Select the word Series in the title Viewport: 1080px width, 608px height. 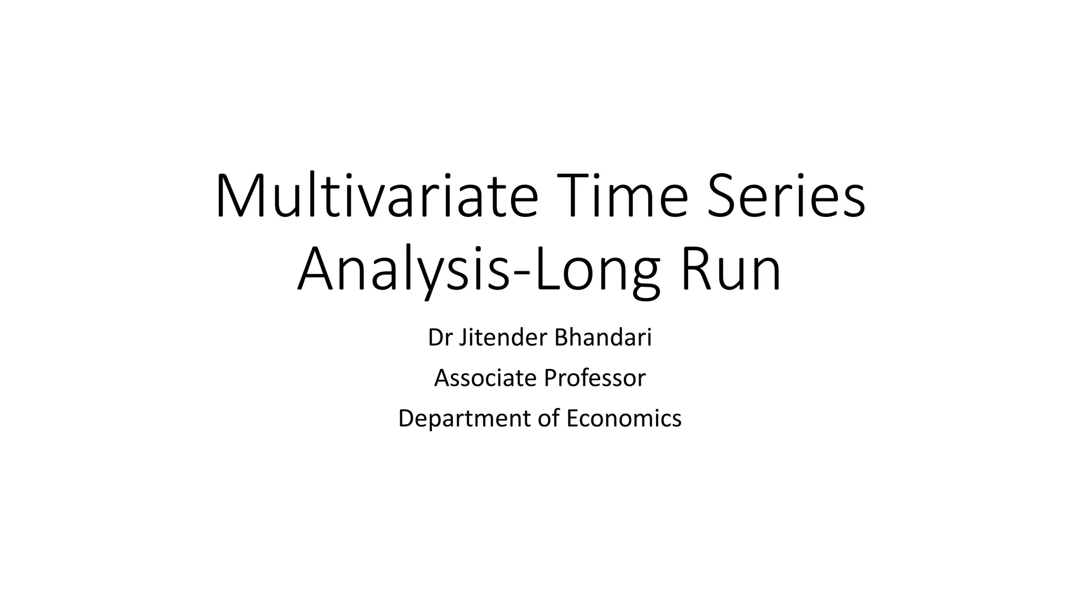point(786,196)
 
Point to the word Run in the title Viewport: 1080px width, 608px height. point(731,270)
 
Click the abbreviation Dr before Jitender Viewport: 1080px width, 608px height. point(440,338)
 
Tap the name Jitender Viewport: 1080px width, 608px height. point(503,338)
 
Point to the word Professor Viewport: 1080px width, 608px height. point(594,378)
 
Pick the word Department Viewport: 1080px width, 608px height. point(465,419)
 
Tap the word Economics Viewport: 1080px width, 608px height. point(624,419)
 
